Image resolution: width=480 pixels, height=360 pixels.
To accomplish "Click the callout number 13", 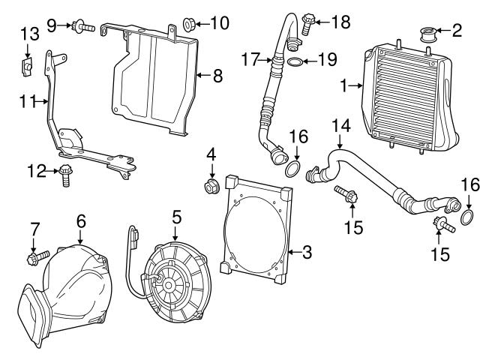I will [28, 34].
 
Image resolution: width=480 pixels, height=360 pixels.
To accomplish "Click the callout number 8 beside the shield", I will [218, 76].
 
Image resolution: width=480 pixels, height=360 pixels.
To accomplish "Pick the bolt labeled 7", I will [34, 259].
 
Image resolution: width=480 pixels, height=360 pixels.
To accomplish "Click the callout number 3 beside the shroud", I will [306, 253].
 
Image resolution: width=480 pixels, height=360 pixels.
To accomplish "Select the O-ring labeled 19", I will [297, 61].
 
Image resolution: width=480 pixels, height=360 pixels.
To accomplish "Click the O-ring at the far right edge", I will [465, 219].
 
